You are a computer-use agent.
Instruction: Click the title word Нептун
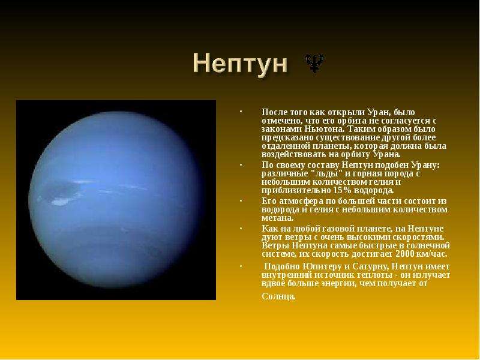241,64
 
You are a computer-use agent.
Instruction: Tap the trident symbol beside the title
314,64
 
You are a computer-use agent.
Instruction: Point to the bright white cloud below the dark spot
61,202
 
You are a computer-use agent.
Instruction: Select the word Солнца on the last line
278,296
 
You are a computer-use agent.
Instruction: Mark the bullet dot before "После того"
241,112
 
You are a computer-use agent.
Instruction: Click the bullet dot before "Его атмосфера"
241,200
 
